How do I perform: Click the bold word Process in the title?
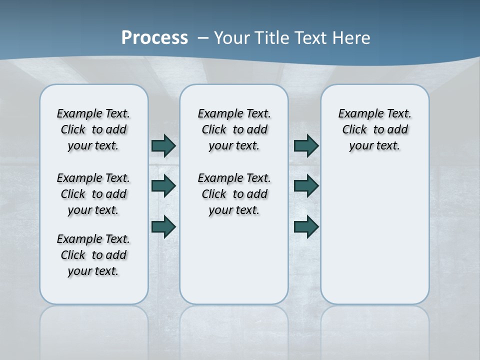point(154,38)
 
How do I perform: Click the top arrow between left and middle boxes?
point(163,145)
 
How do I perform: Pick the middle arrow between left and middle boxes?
point(163,186)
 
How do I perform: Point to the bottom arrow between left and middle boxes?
point(163,226)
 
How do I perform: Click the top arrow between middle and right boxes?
point(306,145)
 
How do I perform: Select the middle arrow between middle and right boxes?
point(306,186)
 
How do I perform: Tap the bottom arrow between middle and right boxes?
point(306,226)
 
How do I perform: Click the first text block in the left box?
point(93,129)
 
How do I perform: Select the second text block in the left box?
point(93,194)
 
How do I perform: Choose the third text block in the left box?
point(93,255)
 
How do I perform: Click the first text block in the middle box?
point(234,129)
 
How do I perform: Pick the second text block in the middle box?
point(234,194)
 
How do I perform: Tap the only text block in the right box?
point(374,129)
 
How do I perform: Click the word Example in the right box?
point(356,114)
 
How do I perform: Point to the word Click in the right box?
point(354,130)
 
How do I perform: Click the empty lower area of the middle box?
point(234,260)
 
